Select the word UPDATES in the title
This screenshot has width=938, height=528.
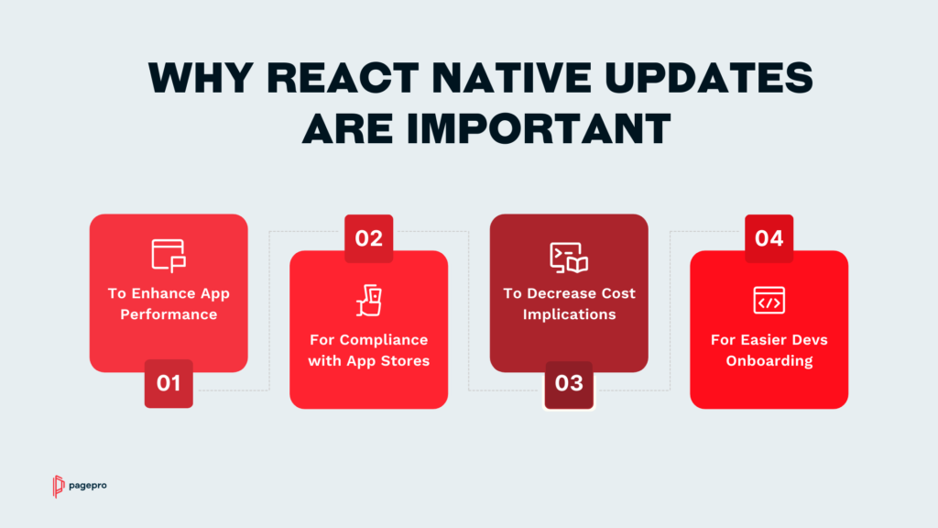(x=709, y=78)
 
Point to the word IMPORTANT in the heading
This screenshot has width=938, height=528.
(x=539, y=128)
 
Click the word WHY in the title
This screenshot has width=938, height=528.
(x=201, y=78)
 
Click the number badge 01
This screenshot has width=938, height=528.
(x=169, y=384)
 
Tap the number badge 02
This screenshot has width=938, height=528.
(x=368, y=238)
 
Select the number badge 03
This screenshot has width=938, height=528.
(x=569, y=384)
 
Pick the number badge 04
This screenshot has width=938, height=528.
(x=769, y=238)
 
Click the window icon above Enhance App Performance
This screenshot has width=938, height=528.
(x=169, y=256)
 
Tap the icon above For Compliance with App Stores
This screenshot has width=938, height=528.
(x=369, y=301)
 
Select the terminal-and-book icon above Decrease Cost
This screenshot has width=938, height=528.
(x=569, y=258)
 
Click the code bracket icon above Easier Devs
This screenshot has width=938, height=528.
(x=769, y=300)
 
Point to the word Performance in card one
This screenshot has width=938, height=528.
(x=169, y=314)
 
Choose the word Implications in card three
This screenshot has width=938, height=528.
(x=569, y=314)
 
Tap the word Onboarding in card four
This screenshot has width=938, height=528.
(x=769, y=361)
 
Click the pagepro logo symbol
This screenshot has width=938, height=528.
(x=58, y=486)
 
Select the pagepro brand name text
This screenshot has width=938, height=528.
(x=88, y=486)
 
